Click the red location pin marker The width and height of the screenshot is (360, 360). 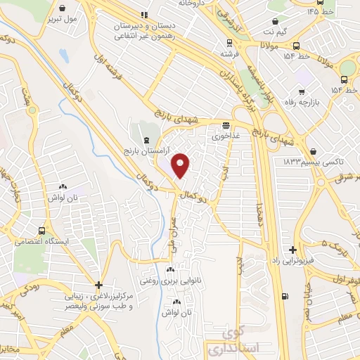pyautogui.click(x=181, y=166)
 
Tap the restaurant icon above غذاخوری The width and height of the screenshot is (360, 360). pyautogui.click(x=226, y=124)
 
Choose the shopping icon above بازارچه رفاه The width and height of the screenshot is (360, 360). pyautogui.click(x=302, y=91)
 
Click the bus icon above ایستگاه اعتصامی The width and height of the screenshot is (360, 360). pyautogui.click(x=42, y=230)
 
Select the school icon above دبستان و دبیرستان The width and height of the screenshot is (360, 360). pyautogui.click(x=145, y=14)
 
